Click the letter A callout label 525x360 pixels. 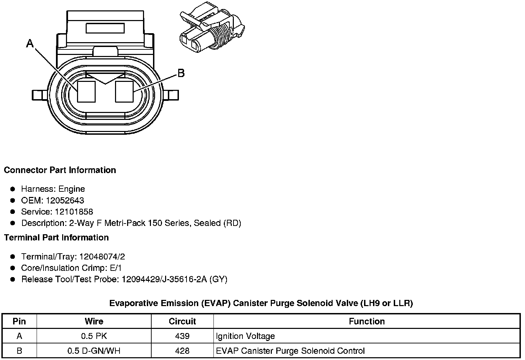point(30,44)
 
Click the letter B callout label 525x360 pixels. point(181,73)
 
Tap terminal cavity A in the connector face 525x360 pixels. point(86,92)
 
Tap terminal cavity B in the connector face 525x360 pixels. point(124,92)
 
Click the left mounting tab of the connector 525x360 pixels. point(40,95)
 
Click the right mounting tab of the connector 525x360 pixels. point(171,95)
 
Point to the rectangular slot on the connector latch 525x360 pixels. point(105,28)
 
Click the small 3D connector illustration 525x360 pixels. point(212,27)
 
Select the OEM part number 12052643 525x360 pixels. point(65,200)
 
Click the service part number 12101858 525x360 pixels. point(74,212)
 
